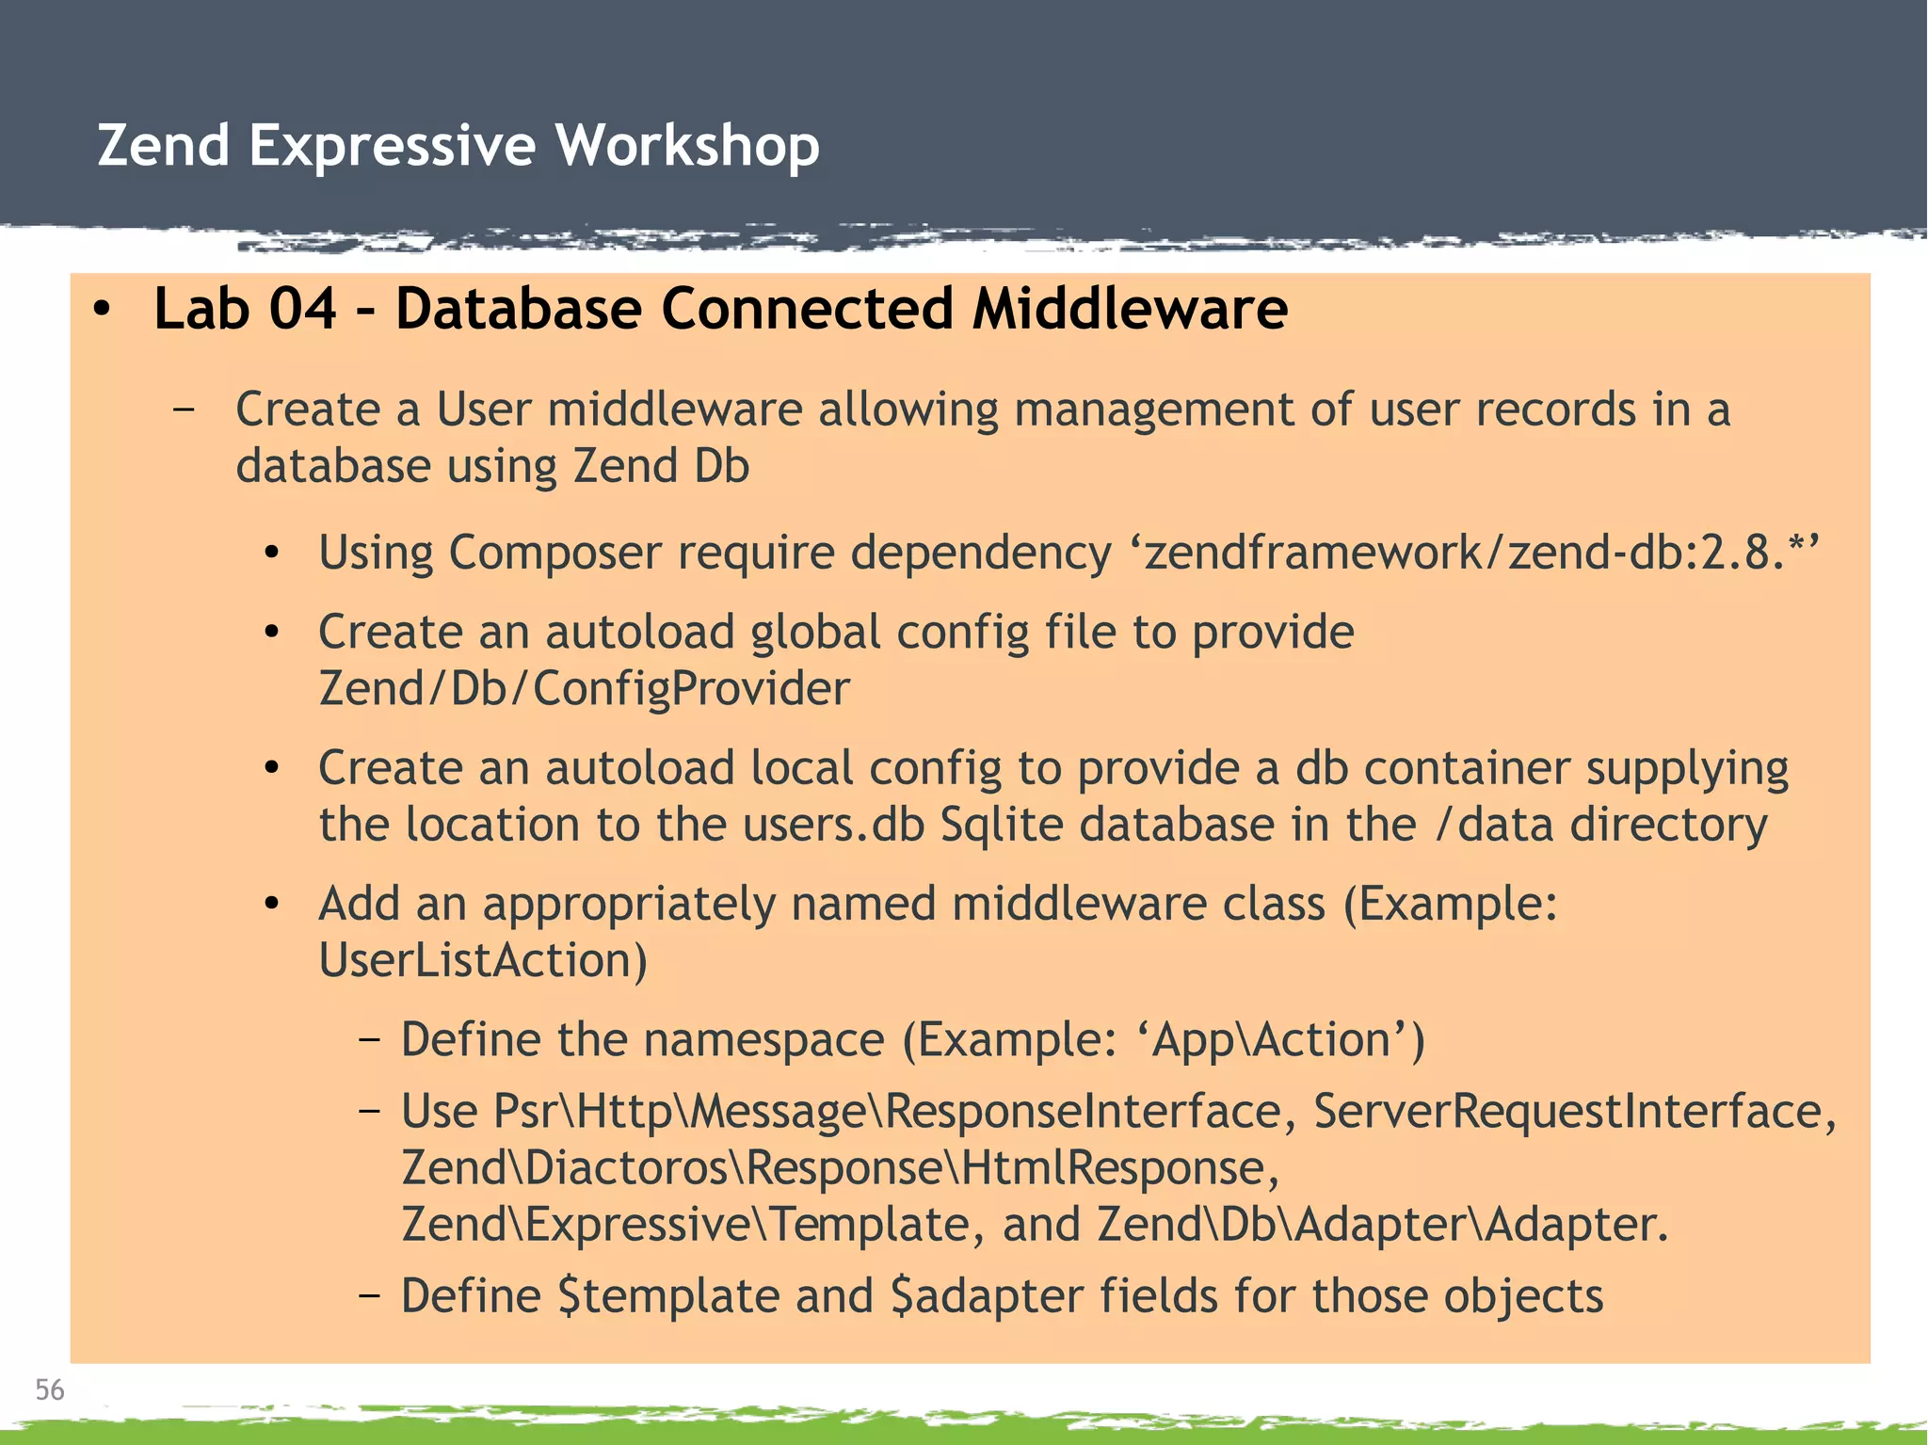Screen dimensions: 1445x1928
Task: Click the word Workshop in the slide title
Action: [x=686, y=146]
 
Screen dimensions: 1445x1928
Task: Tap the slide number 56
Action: [x=49, y=1389]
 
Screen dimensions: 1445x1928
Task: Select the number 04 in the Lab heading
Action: [x=302, y=309]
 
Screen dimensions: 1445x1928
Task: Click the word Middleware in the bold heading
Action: [x=1130, y=309]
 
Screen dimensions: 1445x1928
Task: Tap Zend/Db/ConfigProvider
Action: [x=584, y=689]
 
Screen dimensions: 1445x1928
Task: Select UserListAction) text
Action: [x=483, y=961]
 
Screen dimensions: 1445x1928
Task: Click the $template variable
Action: [x=668, y=1296]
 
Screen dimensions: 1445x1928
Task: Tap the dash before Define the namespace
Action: [x=369, y=1040]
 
